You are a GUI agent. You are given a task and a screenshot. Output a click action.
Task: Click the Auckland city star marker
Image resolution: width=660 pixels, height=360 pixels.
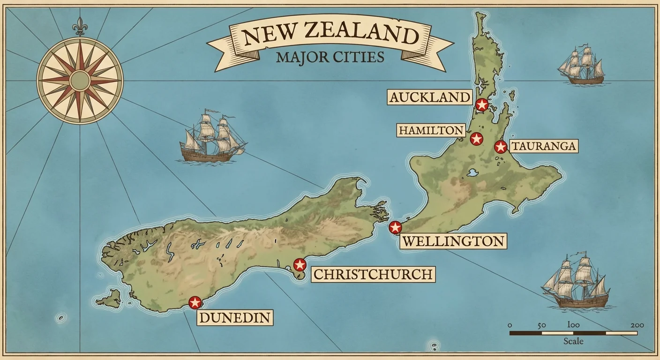[481, 105]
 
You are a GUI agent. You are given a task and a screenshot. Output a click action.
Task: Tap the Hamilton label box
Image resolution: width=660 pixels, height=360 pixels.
[431, 130]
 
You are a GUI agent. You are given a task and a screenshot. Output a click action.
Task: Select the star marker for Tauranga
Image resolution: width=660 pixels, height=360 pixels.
[501, 147]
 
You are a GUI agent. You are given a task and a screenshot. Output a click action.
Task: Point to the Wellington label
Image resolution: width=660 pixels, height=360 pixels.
[453, 241]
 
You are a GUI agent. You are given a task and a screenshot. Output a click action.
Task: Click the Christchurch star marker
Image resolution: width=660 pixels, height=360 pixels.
[300, 264]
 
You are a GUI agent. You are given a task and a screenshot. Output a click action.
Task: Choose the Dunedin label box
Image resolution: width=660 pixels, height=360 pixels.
[235, 318]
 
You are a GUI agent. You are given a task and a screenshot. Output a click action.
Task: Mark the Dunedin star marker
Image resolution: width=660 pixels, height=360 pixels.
[195, 302]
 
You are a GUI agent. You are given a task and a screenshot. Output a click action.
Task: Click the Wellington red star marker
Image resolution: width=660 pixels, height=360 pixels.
[396, 228]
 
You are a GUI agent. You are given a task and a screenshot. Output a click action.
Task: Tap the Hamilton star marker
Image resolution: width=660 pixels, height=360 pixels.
[476, 139]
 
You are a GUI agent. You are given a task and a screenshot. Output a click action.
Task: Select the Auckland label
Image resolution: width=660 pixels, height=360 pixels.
[429, 97]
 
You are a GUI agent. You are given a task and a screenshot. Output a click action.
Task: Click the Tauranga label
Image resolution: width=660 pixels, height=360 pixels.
[543, 146]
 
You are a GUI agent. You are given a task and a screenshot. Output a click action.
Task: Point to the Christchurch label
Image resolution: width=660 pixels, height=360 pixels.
[373, 274]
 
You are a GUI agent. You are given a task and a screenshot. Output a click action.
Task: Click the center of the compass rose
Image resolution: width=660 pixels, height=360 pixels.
[80, 80]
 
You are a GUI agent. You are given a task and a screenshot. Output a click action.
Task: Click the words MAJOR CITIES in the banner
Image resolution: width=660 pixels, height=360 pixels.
[330, 57]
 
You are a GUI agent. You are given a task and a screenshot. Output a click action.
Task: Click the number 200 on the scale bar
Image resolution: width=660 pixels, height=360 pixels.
[637, 325]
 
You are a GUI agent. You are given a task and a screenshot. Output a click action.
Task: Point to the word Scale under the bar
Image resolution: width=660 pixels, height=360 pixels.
[573, 341]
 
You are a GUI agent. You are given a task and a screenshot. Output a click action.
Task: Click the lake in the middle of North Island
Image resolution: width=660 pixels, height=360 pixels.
[472, 173]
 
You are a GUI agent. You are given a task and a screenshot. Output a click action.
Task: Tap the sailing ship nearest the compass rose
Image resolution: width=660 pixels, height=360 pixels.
[212, 138]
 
